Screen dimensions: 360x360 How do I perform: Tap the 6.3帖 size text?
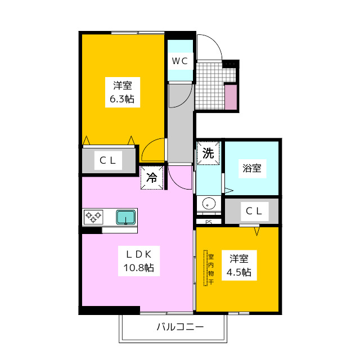pos(122,100)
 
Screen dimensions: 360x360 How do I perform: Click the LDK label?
pos(138,254)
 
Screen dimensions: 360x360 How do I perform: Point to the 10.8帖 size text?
pos(139,268)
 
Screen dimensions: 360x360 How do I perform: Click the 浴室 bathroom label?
pos(251,168)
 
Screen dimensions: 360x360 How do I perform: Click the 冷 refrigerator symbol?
pos(152,178)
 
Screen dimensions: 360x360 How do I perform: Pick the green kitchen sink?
pos(125,217)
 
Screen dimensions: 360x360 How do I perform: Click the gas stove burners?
pos(93,217)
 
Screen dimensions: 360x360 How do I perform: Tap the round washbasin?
pos(208,203)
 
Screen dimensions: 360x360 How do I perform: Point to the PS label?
pos(208,222)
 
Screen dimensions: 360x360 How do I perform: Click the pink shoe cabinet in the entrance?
pos(231,97)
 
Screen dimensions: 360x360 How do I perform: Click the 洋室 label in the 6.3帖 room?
pos(122,86)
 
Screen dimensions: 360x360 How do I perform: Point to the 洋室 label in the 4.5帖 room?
pos(239,259)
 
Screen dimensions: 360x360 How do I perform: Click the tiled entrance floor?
pos(209,84)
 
